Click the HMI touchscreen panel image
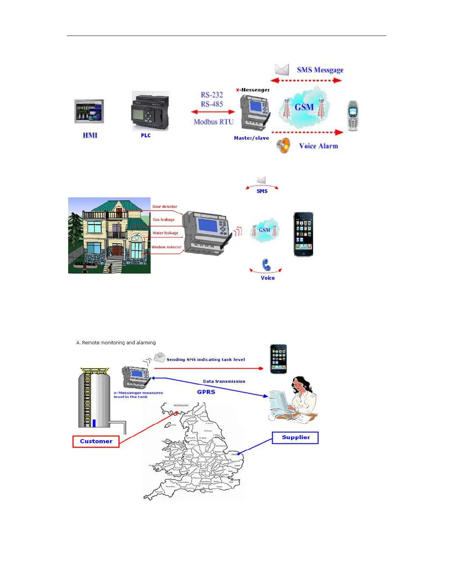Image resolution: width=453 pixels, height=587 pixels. [89, 111]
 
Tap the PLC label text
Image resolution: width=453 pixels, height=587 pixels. [146, 136]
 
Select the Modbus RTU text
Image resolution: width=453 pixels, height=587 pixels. [214, 122]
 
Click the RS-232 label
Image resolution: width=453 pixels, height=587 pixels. [212, 95]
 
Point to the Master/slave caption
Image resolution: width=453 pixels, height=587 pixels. [251, 138]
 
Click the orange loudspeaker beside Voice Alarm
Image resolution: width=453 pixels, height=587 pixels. [283, 146]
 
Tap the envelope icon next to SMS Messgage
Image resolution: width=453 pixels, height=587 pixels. [282, 69]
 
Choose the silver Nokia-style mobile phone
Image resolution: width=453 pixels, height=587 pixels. [353, 116]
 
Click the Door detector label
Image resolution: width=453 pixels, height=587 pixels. [165, 206]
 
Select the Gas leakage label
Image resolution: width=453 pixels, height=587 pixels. [164, 219]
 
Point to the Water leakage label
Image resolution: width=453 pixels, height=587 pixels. [165, 233]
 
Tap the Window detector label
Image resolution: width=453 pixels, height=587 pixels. [166, 247]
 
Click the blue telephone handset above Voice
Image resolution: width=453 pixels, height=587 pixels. [266, 265]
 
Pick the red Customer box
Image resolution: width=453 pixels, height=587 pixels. [96, 441]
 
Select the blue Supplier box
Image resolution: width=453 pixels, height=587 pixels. [295, 438]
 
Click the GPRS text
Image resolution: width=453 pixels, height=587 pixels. [206, 392]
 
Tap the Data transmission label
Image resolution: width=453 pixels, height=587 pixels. [224, 381]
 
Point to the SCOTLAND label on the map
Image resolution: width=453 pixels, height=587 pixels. [181, 405]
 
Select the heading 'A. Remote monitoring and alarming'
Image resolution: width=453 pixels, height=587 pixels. [116, 343]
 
